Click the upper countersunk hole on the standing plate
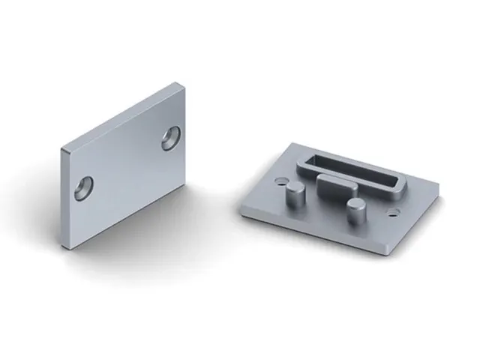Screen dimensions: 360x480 click(x=170, y=139)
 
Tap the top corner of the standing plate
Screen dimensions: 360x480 click(x=177, y=83)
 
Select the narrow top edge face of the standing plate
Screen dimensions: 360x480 click(x=120, y=115)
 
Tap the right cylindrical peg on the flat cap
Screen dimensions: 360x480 click(x=355, y=210)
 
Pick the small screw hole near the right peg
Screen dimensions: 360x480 click(x=390, y=214)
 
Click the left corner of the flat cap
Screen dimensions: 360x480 click(x=241, y=208)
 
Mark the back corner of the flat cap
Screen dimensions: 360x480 click(x=295, y=142)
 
